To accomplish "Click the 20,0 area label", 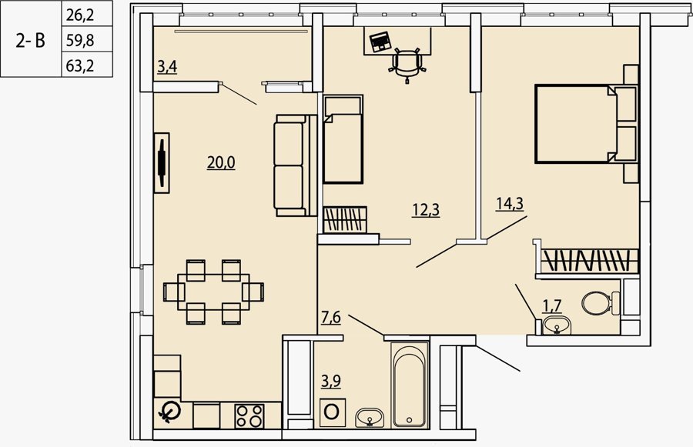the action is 221,163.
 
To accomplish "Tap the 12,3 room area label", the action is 426,210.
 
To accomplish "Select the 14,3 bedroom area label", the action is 510,204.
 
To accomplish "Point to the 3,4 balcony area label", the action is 167,67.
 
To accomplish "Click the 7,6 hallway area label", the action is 330,317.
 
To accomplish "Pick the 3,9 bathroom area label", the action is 330,380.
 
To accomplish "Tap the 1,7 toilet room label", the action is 552,305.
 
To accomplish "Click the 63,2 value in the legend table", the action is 80,66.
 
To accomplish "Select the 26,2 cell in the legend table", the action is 80,15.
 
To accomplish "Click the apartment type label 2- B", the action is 31,41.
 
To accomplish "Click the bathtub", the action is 410,385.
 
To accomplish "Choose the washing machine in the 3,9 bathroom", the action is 333,412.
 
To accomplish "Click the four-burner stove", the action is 249,415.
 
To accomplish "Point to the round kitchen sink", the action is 169,411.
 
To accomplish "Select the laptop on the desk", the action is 380,42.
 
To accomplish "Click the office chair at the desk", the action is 407,65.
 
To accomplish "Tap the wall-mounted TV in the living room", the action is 162,163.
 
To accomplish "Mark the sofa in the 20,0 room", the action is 295,165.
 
